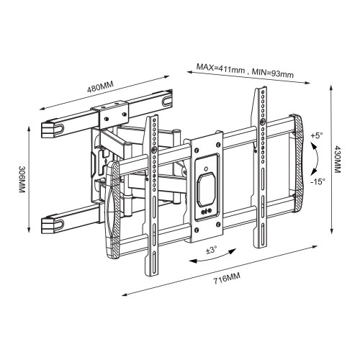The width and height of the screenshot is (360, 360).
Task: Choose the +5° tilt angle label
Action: coord(318,136)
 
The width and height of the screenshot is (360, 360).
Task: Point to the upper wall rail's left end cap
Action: coord(49,128)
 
